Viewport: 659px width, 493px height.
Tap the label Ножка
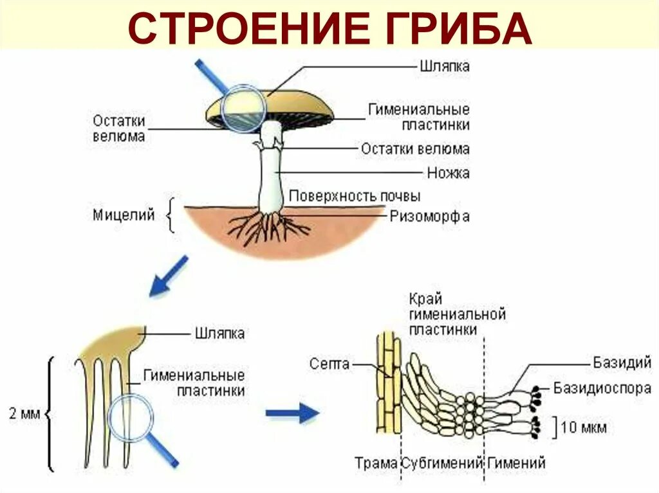coord(448,173)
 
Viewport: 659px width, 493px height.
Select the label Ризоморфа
coord(429,217)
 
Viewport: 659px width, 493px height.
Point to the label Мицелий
coord(124,215)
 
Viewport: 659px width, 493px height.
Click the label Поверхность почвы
coord(355,195)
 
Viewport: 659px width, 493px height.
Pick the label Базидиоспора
coord(602,388)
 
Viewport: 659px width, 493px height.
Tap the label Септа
coord(329,364)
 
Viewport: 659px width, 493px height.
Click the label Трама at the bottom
coord(376,462)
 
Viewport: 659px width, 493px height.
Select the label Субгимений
coord(442,462)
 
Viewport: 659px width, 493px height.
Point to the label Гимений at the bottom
coord(516,462)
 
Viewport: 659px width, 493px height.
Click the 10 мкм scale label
coord(583,427)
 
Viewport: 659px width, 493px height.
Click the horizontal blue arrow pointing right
coord(293,414)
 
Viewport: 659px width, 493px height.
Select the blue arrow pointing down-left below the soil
coord(169,276)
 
